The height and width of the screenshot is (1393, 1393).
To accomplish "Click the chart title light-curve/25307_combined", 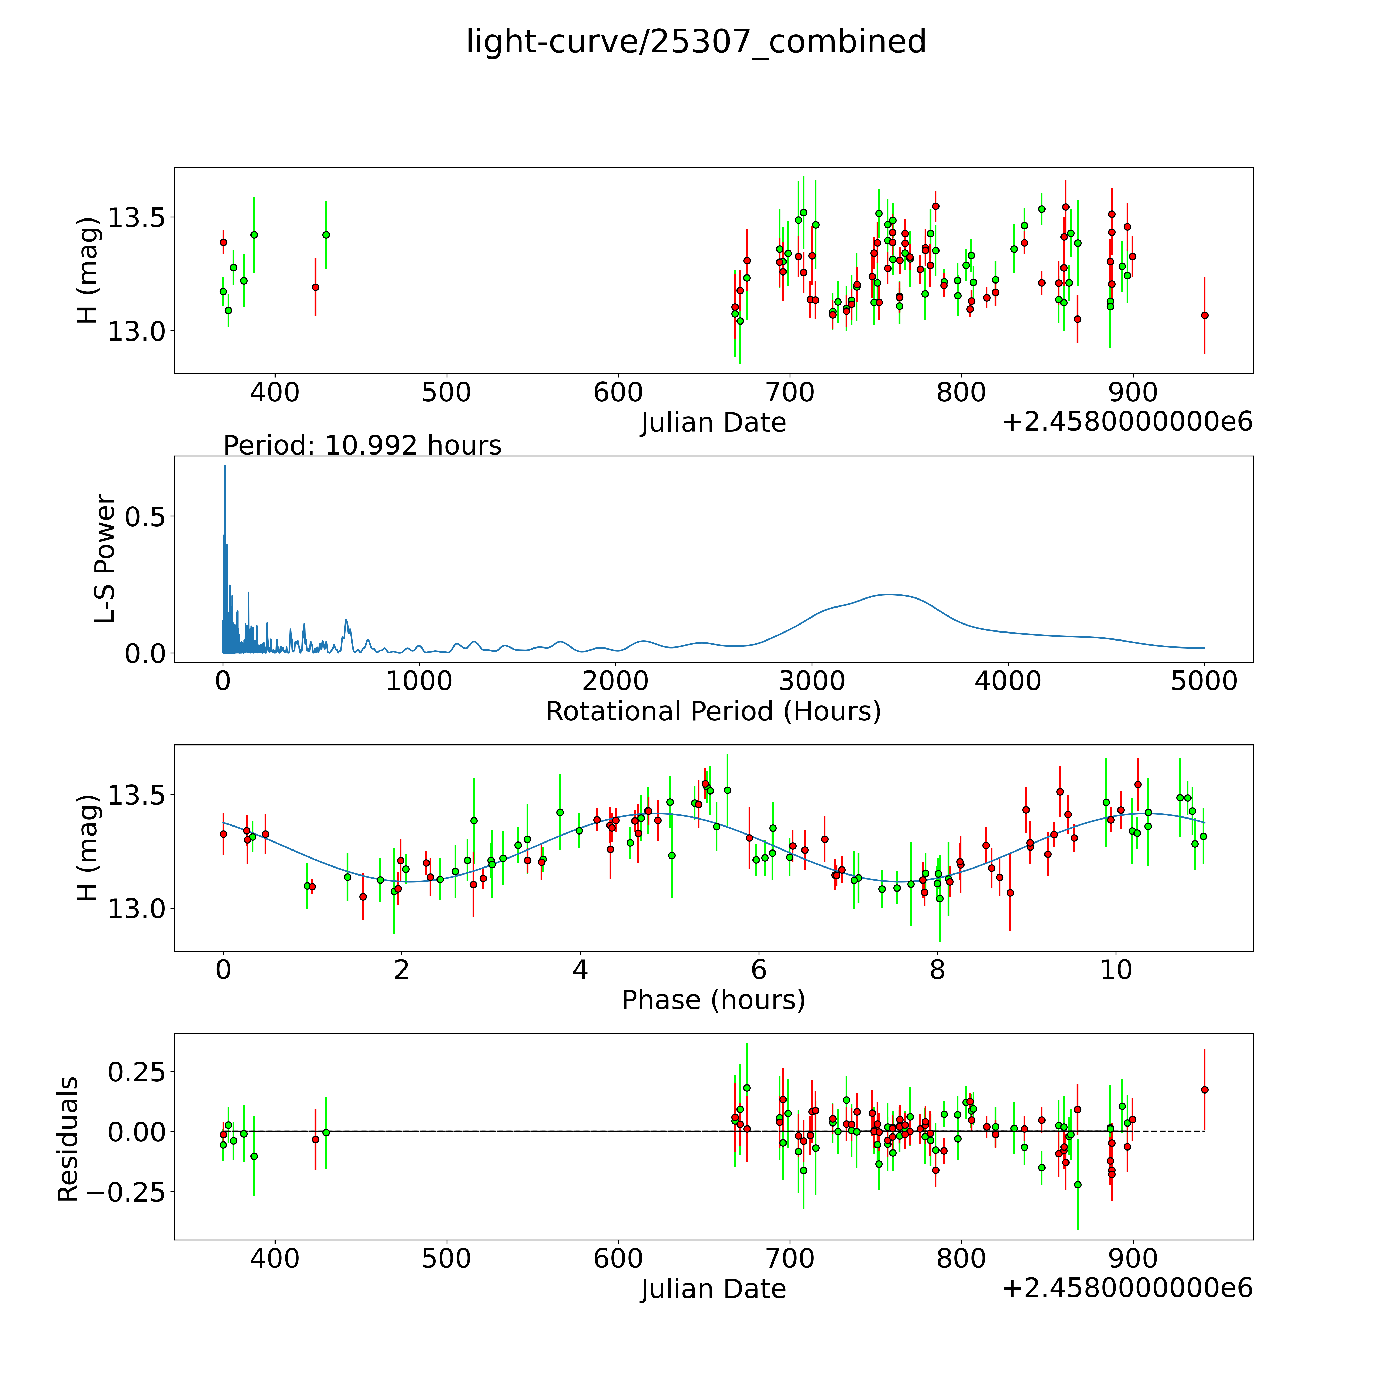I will click(x=696, y=42).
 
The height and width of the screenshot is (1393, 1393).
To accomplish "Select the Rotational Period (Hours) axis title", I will click(x=713, y=712).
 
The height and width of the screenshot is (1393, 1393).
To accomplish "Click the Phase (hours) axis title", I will click(x=713, y=1000).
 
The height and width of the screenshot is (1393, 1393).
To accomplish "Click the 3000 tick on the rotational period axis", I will click(x=812, y=681).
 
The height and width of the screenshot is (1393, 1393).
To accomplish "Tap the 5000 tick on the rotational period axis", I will click(x=1204, y=681).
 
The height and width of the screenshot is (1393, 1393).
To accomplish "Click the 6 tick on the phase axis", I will click(x=758, y=970).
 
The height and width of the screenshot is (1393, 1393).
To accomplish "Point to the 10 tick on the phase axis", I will click(x=1115, y=970).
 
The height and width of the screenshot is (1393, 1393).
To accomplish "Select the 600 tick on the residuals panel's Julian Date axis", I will click(x=618, y=1258).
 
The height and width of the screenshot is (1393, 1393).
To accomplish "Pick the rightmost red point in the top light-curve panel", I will click(x=1204, y=315).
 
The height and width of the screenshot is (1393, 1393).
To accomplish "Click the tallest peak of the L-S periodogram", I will click(x=224, y=466).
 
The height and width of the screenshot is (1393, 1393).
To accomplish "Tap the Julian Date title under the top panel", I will click(x=713, y=423).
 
